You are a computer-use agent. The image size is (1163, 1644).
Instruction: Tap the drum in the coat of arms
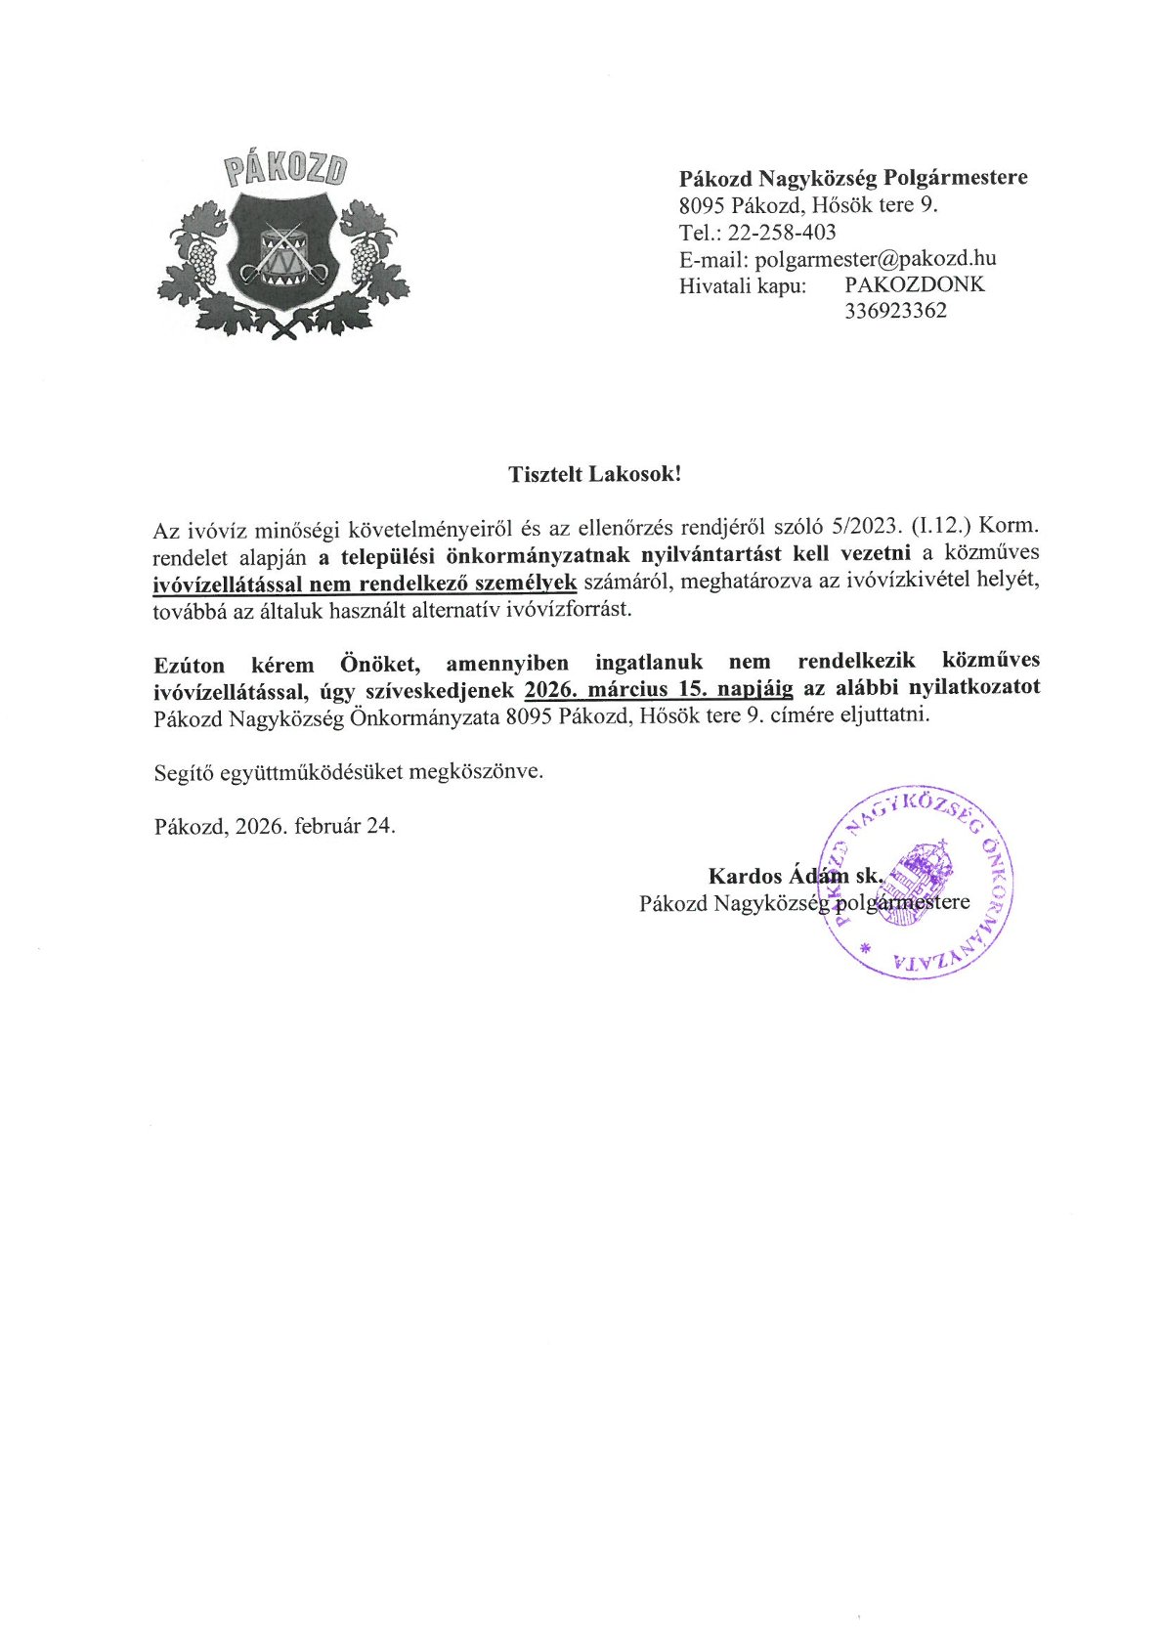point(284,252)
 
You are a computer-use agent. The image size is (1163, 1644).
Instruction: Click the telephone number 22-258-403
point(782,232)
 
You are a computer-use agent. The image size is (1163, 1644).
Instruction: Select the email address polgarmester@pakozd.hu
point(876,258)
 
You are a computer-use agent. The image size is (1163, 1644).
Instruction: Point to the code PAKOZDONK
point(915,284)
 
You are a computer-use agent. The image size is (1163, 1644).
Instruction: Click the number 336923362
point(895,311)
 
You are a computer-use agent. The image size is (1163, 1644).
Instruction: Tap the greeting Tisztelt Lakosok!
point(594,474)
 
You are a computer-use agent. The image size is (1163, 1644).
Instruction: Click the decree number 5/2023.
point(860,527)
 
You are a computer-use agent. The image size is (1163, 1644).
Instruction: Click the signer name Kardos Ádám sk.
point(796,875)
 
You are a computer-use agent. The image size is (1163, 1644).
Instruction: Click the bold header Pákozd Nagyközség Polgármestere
point(853,178)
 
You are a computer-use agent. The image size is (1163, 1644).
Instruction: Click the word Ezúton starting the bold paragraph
point(189,665)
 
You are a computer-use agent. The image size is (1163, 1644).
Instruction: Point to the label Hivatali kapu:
point(743,285)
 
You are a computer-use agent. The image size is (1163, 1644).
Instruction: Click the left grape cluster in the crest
point(202,260)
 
